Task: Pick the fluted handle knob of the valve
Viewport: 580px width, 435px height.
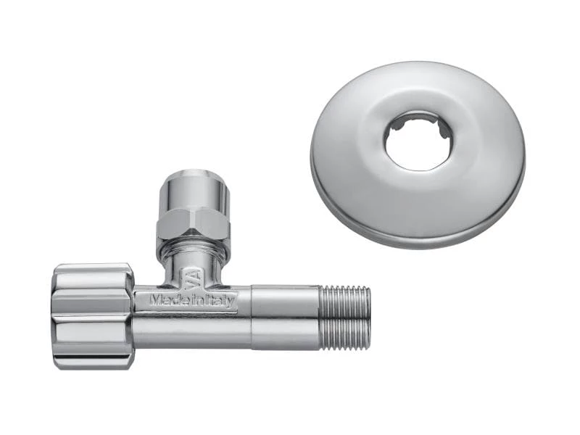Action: pyautogui.click(x=92, y=315)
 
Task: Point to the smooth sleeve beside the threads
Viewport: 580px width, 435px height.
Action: pyautogui.click(x=286, y=317)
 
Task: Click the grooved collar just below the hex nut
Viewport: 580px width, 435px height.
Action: pyautogui.click(x=193, y=250)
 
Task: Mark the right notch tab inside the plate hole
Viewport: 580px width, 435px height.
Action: pyautogui.click(x=442, y=130)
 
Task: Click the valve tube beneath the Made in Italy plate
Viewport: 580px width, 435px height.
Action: pyautogui.click(x=192, y=330)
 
